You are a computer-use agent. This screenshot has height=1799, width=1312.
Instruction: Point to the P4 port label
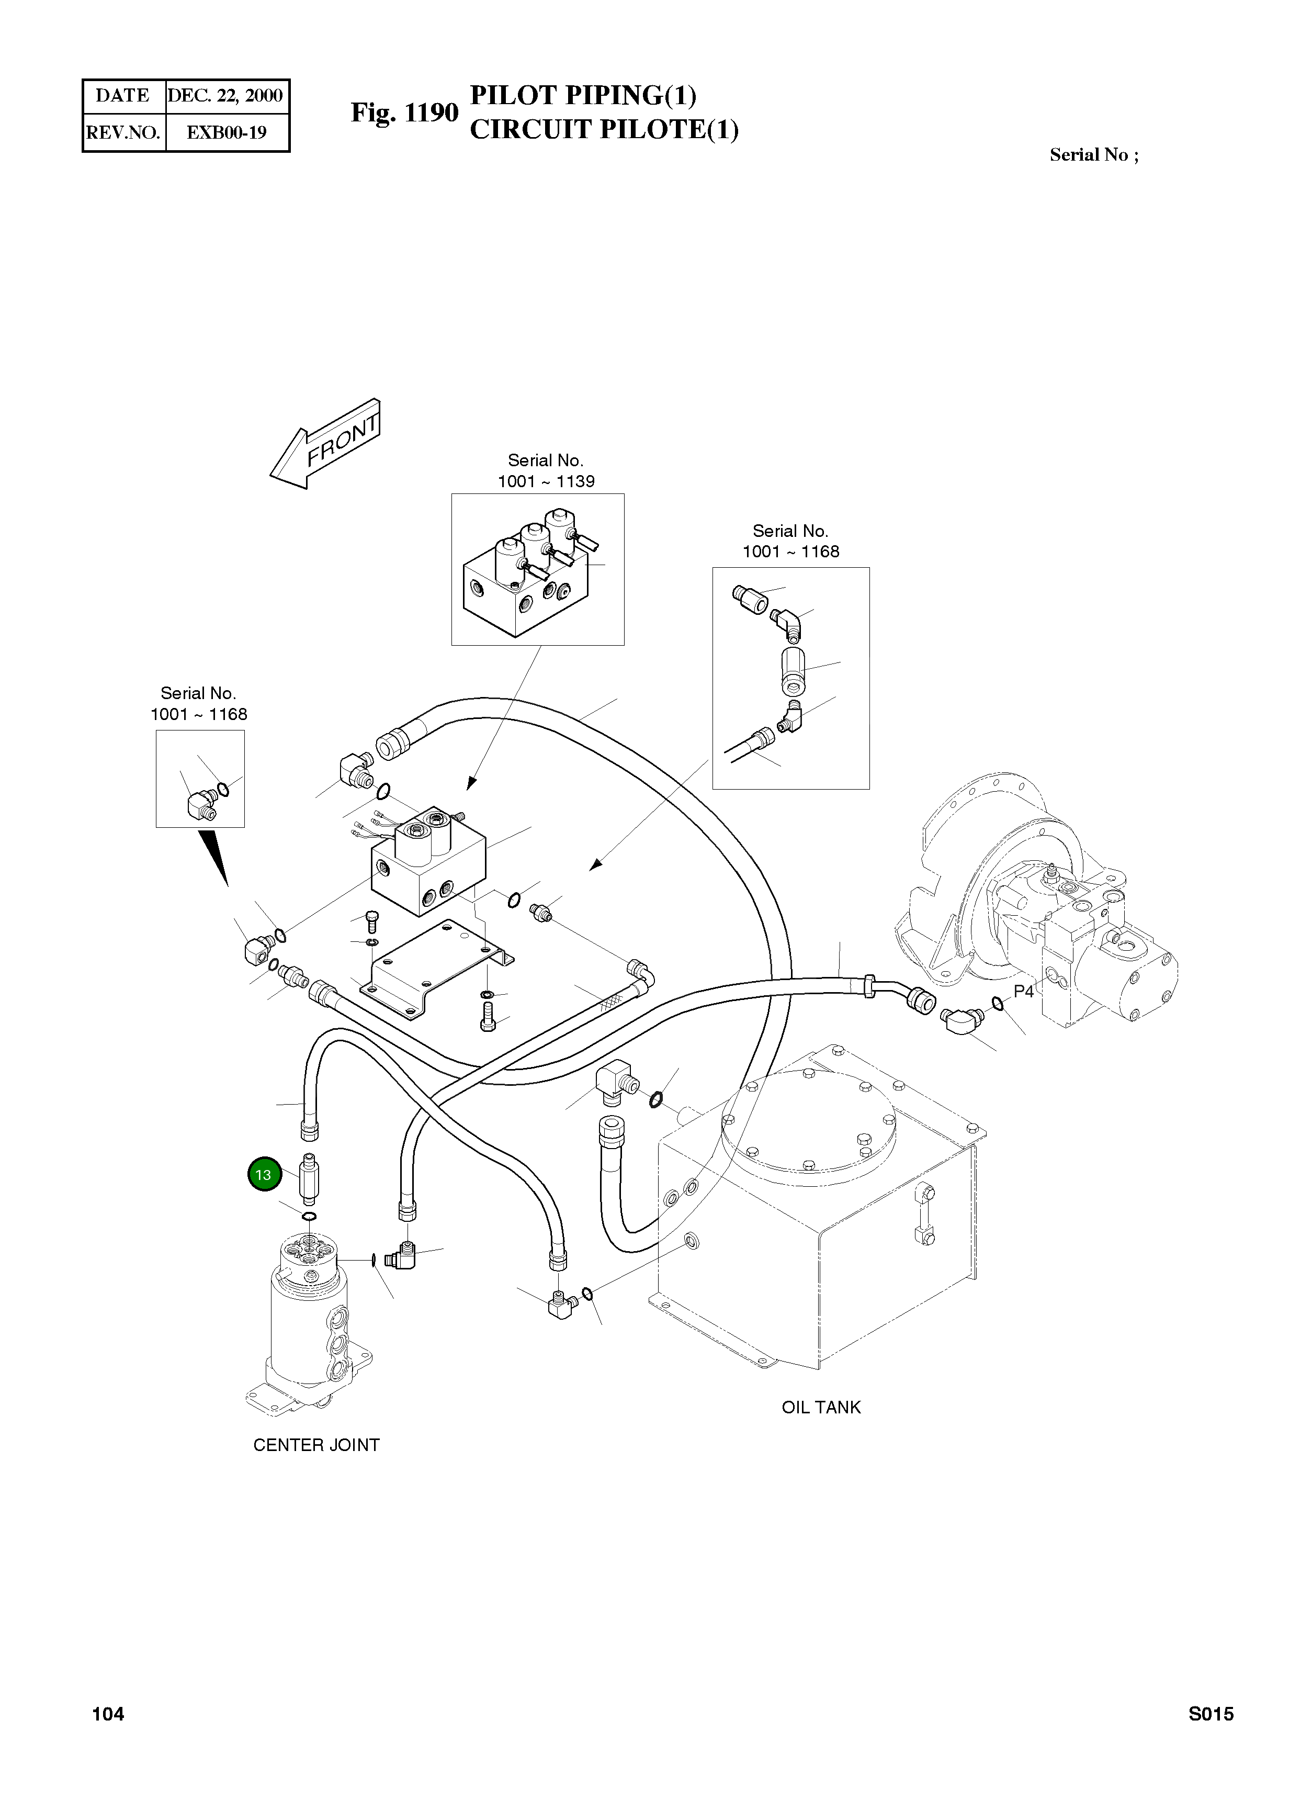coord(1024,991)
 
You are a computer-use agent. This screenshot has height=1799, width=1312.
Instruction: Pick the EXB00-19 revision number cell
coord(227,132)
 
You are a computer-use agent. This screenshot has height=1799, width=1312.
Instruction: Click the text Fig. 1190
coord(404,113)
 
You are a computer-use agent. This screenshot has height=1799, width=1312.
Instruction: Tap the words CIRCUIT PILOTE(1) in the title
coord(604,129)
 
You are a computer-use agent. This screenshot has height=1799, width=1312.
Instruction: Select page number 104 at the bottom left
coord(108,1714)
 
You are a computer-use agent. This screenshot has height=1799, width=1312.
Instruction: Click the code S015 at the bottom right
coord(1211,1714)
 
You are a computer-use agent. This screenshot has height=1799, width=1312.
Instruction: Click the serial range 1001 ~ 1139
coord(546,481)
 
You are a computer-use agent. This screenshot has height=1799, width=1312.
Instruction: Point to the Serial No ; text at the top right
coord(1094,155)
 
